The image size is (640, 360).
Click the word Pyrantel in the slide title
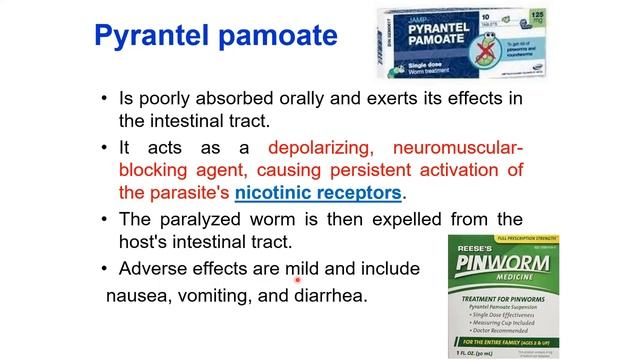152,38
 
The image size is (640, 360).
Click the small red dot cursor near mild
297,281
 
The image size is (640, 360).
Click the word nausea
137,296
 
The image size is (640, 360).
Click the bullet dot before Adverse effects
104,268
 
